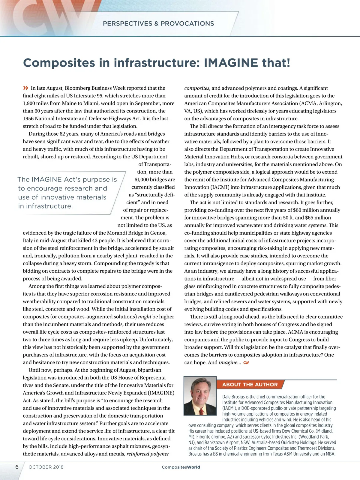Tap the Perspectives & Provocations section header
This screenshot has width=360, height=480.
(x=158, y=24)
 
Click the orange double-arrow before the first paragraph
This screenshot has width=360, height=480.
(x=26, y=88)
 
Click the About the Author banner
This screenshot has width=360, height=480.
(x=250, y=385)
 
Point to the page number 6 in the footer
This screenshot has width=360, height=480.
(x=17, y=467)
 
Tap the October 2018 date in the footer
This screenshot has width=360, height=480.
(x=46, y=467)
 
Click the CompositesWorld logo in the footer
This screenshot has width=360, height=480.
(x=181, y=467)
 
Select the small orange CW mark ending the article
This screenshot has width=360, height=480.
(x=246, y=363)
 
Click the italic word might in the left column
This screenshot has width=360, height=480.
(x=145, y=317)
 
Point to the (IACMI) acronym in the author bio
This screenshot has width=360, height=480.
(x=229, y=408)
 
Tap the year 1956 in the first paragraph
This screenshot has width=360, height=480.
(x=28, y=118)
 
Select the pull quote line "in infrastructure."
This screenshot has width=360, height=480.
(x=46, y=206)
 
